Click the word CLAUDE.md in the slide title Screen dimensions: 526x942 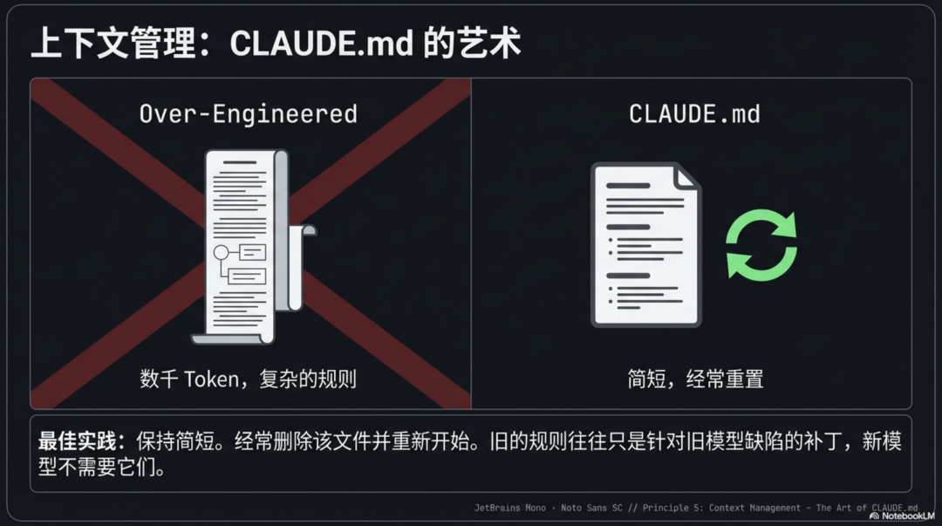pos(322,44)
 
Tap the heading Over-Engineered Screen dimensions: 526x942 pos(249,113)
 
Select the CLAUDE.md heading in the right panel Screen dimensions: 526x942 pos(694,113)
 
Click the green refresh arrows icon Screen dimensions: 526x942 pos(761,245)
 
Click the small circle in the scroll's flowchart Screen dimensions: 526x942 pos(221,254)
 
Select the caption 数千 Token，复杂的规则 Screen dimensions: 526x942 pos(249,379)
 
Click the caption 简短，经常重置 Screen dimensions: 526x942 pos(695,379)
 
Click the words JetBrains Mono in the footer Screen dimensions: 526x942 pos(510,508)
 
